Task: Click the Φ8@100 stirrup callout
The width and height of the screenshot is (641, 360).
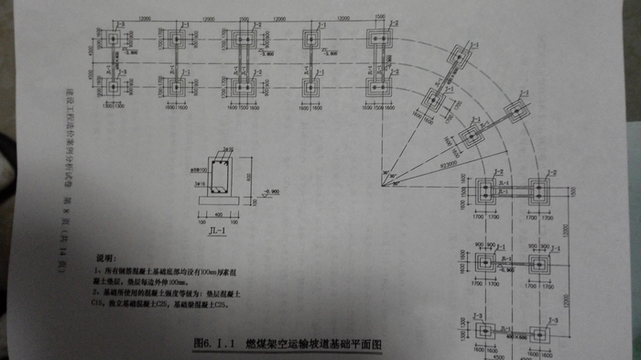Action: click(195, 170)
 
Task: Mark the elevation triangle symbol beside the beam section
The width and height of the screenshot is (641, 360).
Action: click(264, 195)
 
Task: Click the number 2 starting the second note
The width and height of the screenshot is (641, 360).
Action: click(96, 291)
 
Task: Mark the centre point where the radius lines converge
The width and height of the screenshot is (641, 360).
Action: click(377, 171)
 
